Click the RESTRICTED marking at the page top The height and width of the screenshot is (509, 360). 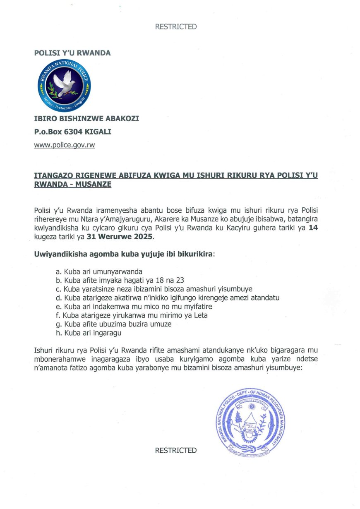[x=176, y=27]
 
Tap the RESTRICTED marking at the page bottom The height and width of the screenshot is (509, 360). [x=176, y=450]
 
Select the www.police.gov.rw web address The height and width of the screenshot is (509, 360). [x=65, y=146]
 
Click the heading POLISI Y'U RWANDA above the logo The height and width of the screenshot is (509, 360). [x=72, y=53]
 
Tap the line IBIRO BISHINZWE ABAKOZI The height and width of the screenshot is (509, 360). [x=86, y=119]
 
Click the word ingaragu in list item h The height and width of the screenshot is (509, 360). [x=106, y=333]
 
